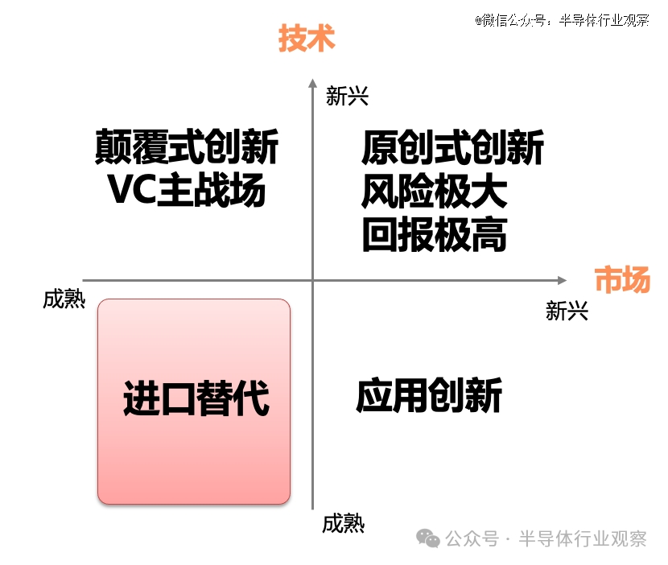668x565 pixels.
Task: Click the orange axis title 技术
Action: click(x=307, y=39)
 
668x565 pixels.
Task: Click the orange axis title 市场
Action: click(x=622, y=279)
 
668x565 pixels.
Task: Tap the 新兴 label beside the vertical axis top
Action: click(x=347, y=96)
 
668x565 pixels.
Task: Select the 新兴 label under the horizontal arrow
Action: click(x=567, y=311)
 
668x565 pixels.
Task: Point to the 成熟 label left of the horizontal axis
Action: click(x=64, y=299)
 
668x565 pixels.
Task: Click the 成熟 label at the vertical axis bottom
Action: click(x=344, y=523)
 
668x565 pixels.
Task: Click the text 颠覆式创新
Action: click(x=187, y=147)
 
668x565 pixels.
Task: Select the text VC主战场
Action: click(x=187, y=190)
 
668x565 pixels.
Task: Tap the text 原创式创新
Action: click(x=452, y=147)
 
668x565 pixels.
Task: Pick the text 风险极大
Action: click(x=435, y=191)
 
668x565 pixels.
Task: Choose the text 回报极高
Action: click(x=435, y=234)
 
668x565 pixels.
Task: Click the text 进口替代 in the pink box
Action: click(x=196, y=398)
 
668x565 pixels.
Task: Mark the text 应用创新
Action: click(x=430, y=395)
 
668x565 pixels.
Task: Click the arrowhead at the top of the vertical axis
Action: click(x=313, y=83)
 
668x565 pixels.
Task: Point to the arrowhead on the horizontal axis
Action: click(x=562, y=280)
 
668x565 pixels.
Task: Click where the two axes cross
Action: click(x=313, y=280)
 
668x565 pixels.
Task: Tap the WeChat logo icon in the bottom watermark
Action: click(x=428, y=538)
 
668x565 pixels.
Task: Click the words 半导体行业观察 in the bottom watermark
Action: click(x=583, y=538)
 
